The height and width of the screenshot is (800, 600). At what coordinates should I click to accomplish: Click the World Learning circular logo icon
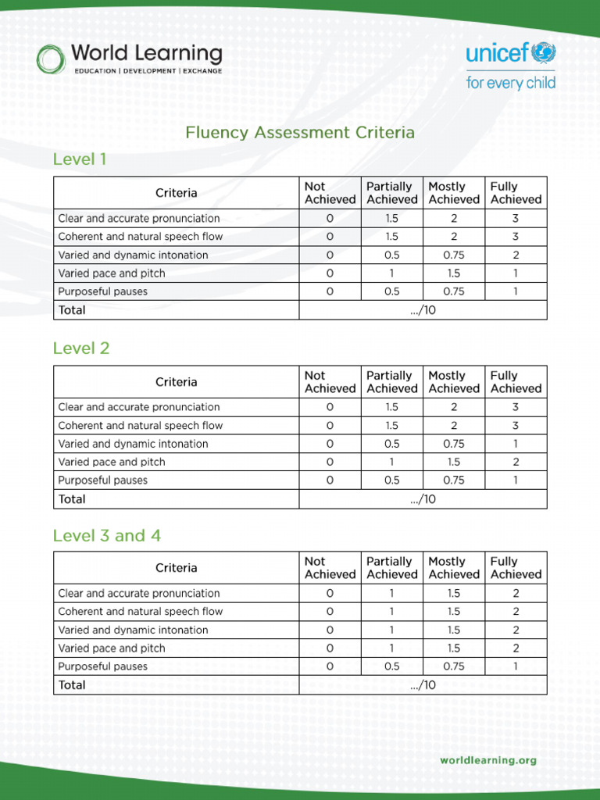[51, 59]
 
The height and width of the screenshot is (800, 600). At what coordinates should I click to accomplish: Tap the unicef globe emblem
[543, 53]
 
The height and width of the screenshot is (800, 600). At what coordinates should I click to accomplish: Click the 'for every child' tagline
[510, 82]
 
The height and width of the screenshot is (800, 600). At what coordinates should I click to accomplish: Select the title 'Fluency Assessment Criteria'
[300, 133]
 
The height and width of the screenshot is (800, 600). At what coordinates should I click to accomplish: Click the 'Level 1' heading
[79, 160]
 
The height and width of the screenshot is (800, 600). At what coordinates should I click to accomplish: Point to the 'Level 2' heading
[81, 348]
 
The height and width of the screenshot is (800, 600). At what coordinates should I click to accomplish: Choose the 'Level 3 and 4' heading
[106, 536]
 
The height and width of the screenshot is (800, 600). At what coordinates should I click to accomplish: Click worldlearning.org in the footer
[488, 760]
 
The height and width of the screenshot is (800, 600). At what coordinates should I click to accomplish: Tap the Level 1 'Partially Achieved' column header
[391, 193]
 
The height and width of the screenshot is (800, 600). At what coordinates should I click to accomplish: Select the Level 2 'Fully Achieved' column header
[516, 382]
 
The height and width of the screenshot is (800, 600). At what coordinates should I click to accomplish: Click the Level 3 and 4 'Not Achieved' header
[330, 568]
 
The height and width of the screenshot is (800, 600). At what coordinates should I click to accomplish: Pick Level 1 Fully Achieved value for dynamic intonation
[516, 255]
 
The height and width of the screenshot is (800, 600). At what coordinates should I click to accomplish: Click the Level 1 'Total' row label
[72, 310]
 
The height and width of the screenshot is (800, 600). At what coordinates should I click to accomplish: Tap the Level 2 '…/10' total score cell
[423, 499]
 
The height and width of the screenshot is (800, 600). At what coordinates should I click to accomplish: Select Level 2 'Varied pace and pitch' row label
[112, 462]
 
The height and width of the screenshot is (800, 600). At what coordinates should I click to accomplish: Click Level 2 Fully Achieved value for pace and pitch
[516, 462]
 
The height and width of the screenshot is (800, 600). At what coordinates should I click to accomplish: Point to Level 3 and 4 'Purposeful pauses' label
[102, 666]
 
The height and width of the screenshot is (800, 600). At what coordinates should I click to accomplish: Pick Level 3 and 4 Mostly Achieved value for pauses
[453, 666]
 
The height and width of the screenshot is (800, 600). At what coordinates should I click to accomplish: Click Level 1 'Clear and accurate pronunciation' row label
[139, 219]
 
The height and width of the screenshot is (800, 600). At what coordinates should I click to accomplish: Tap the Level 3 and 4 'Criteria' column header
[177, 568]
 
